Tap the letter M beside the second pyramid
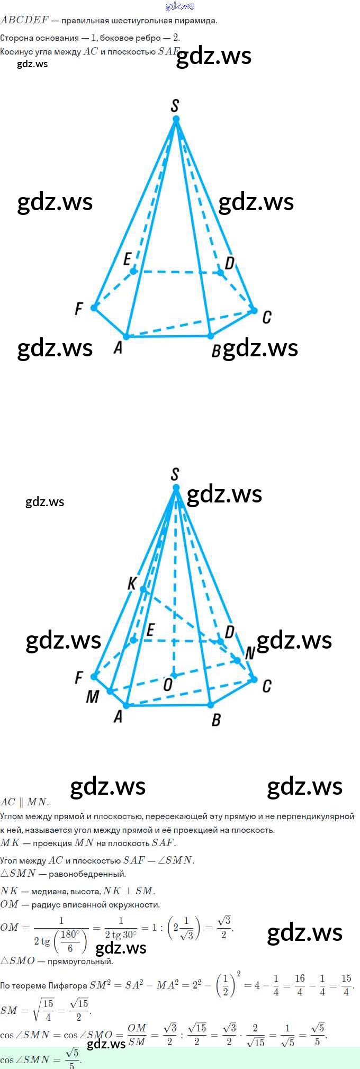click(92, 697)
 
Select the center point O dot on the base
click(174, 676)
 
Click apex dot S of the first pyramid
click(176, 120)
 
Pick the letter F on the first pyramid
click(79, 308)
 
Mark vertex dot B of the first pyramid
click(211, 336)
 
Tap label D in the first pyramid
click(230, 263)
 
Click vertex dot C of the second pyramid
click(254, 679)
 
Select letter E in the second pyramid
click(150, 630)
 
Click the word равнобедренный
click(87, 874)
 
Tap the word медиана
click(49, 891)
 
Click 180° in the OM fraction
click(70, 934)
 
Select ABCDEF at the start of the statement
click(24, 21)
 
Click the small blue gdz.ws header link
click(180, 6)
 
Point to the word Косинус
click(16, 52)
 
